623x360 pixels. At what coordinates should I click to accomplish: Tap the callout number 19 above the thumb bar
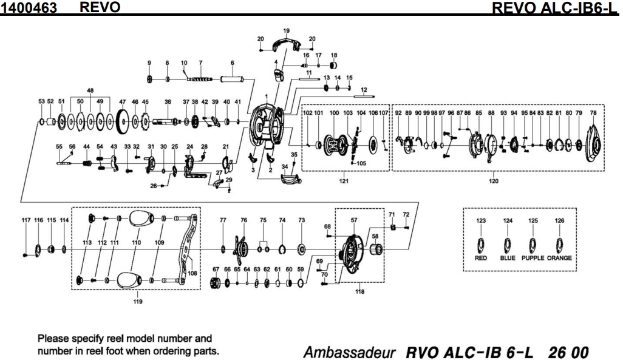[x=287, y=30]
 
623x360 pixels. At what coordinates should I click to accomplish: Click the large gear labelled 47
[x=123, y=123]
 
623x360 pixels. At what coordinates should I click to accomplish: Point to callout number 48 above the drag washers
[x=90, y=90]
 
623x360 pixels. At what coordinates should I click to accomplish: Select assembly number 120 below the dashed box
[x=493, y=180]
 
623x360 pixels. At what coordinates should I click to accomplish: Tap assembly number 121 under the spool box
[x=344, y=180]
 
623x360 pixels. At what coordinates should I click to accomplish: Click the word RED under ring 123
[x=481, y=257]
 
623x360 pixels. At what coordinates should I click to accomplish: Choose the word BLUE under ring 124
[x=508, y=257]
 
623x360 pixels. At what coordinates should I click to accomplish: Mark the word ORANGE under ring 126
[x=559, y=257]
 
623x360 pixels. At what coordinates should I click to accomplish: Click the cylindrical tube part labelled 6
[x=233, y=79]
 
